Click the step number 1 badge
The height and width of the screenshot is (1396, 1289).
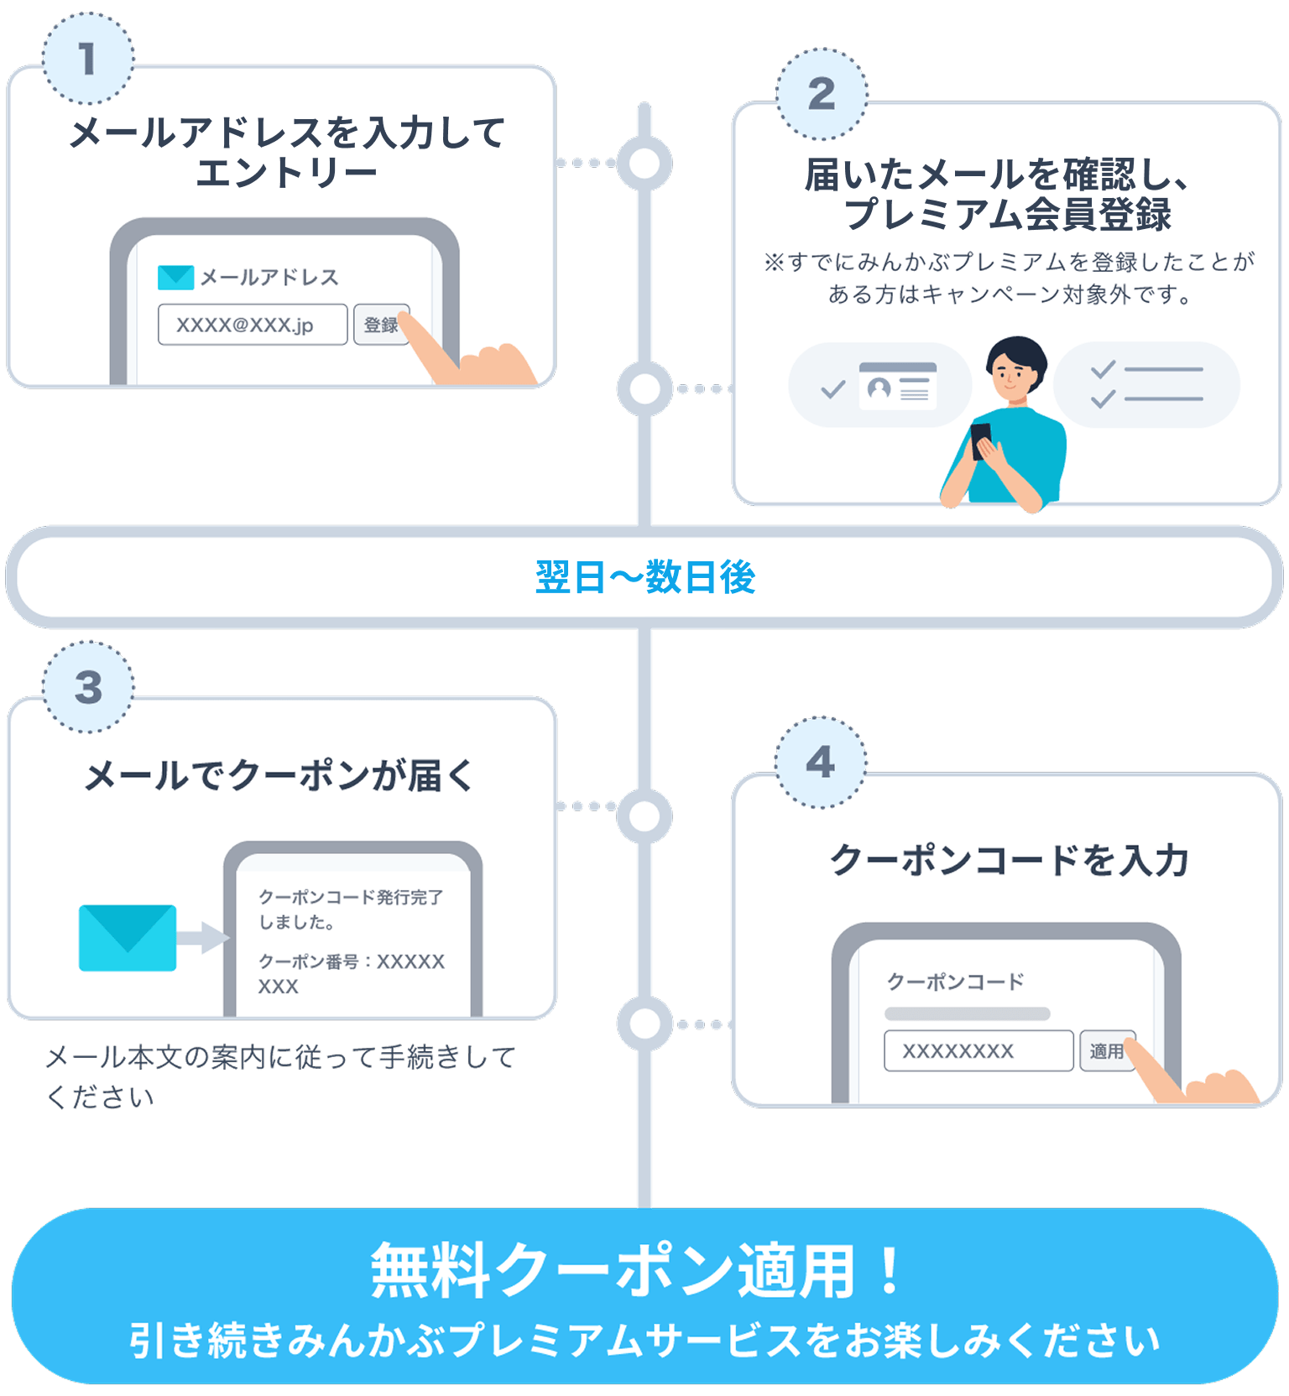(88, 59)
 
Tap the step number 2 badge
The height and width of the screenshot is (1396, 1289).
(822, 94)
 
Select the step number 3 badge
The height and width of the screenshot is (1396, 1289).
(88, 687)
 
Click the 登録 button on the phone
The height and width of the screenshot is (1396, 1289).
(381, 325)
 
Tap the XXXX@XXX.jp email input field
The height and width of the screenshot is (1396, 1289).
(253, 325)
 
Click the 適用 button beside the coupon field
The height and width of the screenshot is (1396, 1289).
(1107, 1051)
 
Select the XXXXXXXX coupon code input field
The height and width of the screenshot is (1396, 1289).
(978, 1051)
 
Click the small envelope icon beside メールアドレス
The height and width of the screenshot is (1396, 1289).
(175, 278)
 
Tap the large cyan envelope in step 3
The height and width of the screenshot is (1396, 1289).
(128, 938)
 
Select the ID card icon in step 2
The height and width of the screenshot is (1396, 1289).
(897, 386)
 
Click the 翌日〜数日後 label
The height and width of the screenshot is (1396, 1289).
(645, 577)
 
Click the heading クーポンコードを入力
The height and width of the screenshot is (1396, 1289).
(1009, 860)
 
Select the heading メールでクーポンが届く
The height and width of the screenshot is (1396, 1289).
(280, 775)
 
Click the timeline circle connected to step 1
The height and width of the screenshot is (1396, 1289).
(644, 163)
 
